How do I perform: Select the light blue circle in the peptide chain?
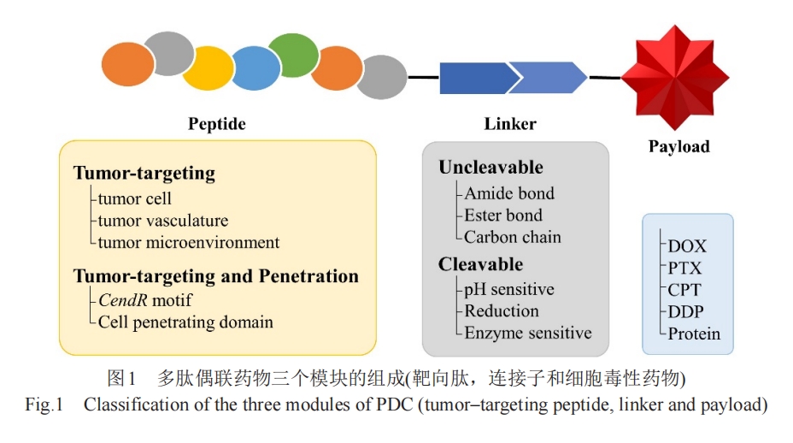256,68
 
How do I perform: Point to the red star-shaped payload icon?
675,77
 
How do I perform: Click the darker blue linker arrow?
479,78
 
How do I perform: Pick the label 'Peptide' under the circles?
217,123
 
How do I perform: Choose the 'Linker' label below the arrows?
510,123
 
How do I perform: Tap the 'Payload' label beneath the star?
679,146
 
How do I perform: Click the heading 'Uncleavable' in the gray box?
490,167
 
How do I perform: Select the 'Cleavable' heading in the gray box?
480,263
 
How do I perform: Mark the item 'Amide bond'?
509,193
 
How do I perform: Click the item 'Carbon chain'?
513,237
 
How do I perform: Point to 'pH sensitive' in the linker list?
508,290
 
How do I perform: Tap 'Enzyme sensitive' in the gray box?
528,333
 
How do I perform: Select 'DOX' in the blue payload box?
687,246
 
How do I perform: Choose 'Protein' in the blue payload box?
694,334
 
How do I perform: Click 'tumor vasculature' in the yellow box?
163,221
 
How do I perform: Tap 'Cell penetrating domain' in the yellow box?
185,322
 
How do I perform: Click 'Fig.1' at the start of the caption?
44,405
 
